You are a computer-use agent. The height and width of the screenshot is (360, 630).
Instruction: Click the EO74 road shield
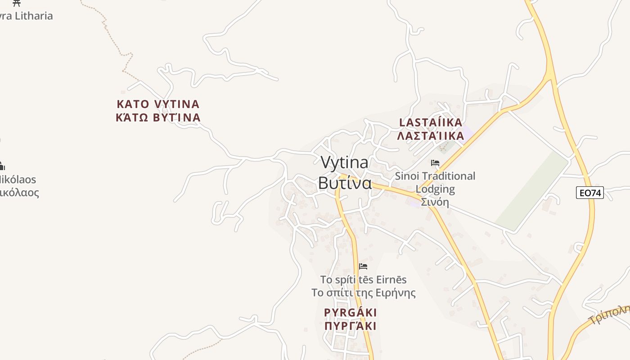click(589, 193)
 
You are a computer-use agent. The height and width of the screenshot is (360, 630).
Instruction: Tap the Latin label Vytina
click(344, 162)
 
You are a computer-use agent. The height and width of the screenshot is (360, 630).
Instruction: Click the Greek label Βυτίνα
click(345, 183)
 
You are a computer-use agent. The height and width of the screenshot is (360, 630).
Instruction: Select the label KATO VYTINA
click(158, 104)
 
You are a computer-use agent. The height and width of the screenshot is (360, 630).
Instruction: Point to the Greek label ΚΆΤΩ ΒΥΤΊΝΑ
click(158, 117)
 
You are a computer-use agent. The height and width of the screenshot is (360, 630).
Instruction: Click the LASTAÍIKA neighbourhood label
click(431, 122)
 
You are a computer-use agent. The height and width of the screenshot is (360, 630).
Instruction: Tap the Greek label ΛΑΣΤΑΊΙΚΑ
click(431, 136)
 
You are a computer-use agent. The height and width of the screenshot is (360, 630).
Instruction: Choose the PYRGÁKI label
click(350, 312)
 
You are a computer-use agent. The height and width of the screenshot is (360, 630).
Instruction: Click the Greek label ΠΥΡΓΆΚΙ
click(350, 326)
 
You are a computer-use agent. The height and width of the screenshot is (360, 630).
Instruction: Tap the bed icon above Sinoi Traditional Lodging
click(435, 163)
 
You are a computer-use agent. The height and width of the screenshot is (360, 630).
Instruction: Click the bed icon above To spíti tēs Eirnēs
click(363, 266)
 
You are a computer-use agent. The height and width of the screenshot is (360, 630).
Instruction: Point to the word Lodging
click(435, 189)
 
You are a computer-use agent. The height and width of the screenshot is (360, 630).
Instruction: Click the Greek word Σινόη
click(435, 202)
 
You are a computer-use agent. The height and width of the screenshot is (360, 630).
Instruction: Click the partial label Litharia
click(29, 16)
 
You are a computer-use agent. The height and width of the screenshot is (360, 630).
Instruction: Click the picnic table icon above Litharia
click(17, 3)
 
